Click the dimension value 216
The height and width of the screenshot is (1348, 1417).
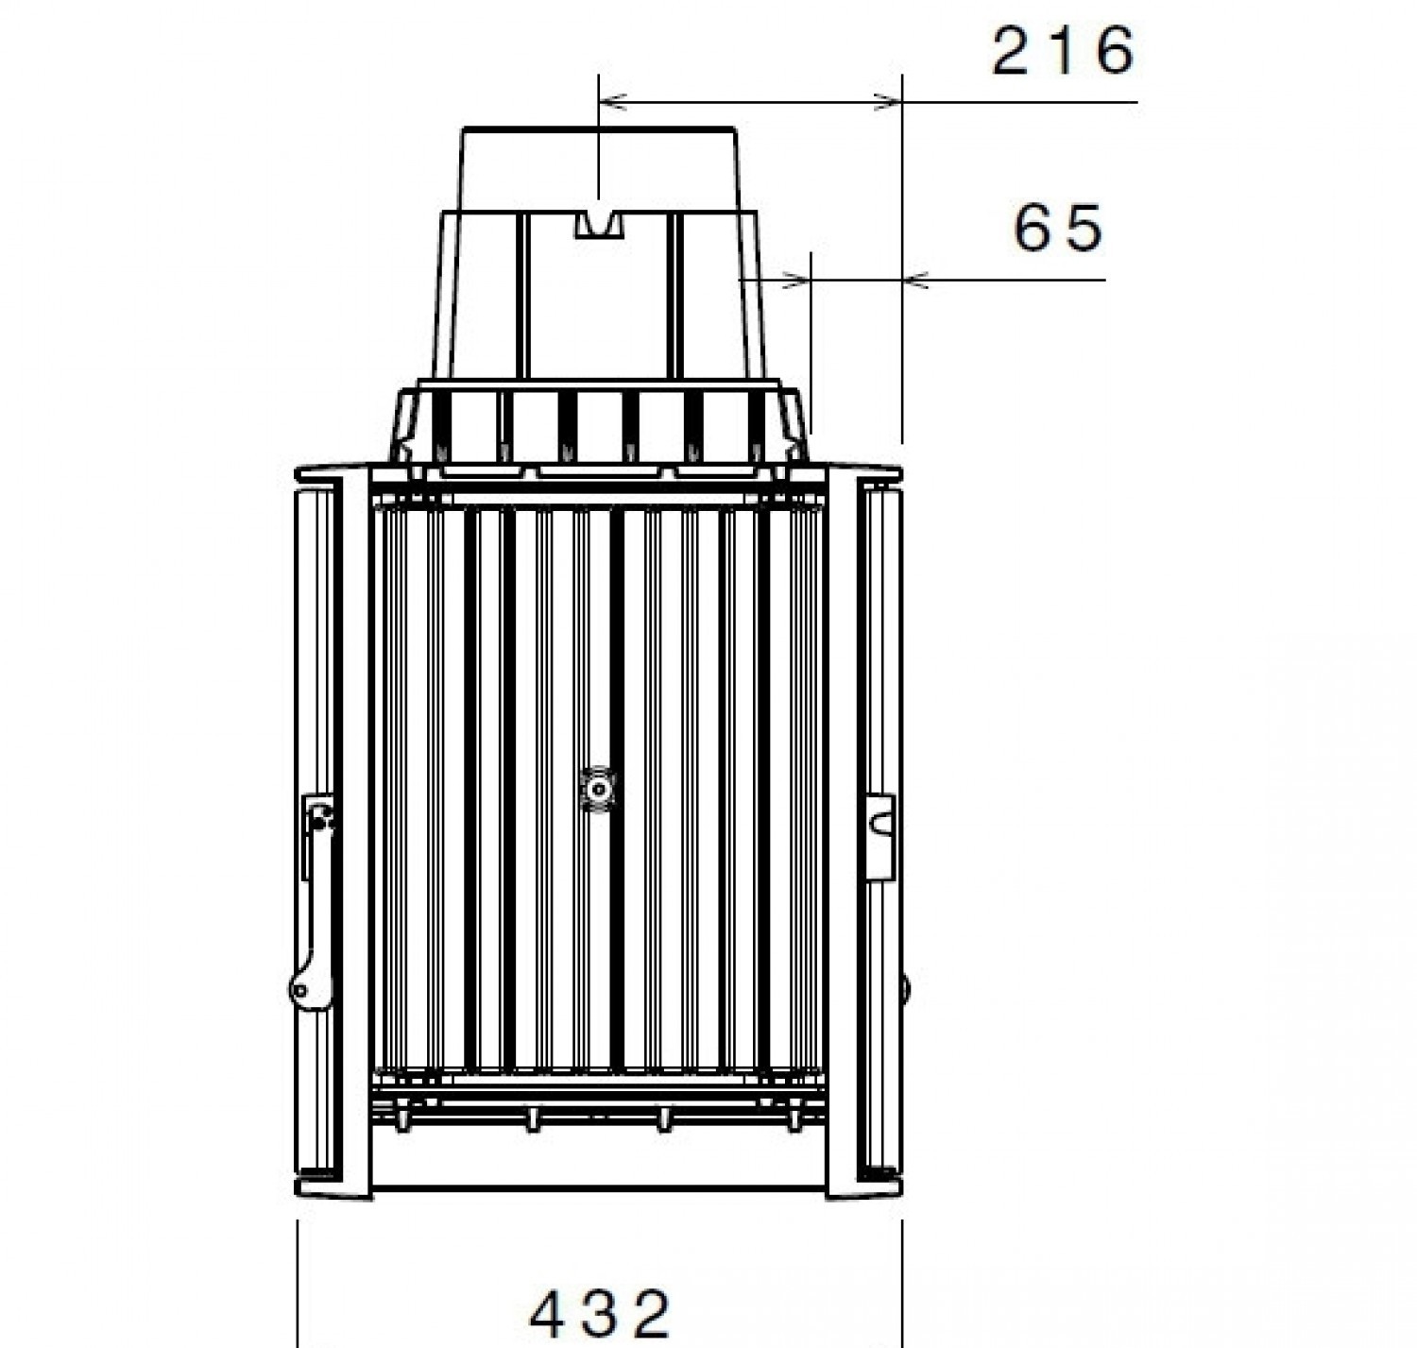pyautogui.click(x=1063, y=50)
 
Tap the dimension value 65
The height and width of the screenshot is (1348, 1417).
pyautogui.click(x=1058, y=228)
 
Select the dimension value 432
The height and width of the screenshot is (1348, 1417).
pyautogui.click(x=600, y=1313)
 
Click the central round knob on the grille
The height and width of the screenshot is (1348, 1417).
pyautogui.click(x=598, y=790)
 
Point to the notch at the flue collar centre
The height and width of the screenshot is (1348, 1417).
pyautogui.click(x=598, y=225)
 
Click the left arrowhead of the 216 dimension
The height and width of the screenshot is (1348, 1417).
pyautogui.click(x=613, y=102)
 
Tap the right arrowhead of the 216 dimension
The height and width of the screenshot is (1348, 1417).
pyautogui.click(x=887, y=102)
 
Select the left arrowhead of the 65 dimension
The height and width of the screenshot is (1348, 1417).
pyautogui.click(x=797, y=280)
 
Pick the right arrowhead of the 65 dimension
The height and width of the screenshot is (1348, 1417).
pyautogui.click(x=915, y=280)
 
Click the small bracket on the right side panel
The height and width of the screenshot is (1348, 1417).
pyautogui.click(x=879, y=837)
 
